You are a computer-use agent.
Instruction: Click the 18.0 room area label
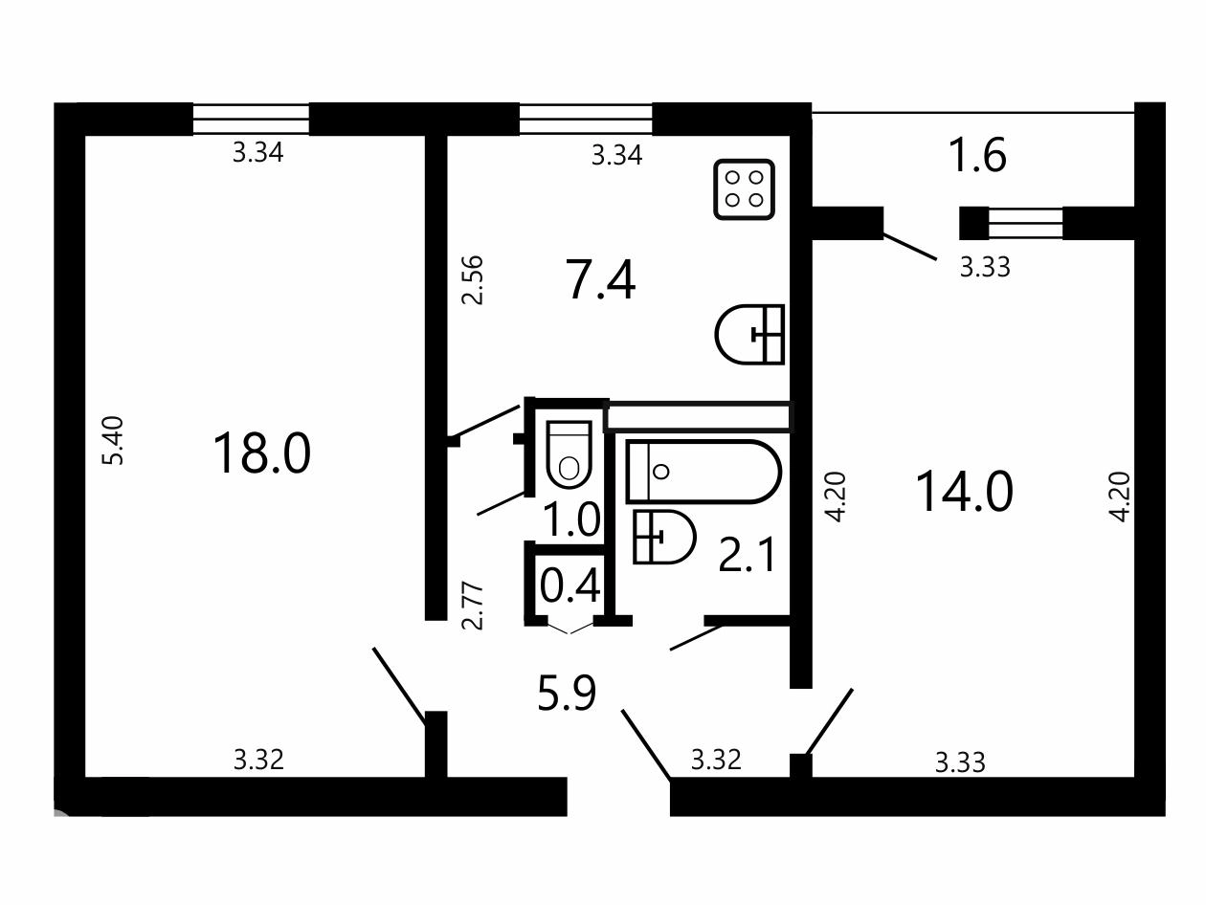(x=261, y=453)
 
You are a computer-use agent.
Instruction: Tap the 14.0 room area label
(x=964, y=492)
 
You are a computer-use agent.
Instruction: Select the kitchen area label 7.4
(x=600, y=280)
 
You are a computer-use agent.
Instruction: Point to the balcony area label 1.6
(x=977, y=155)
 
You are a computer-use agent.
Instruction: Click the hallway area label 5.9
(x=567, y=693)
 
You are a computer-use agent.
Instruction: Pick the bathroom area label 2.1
(x=747, y=555)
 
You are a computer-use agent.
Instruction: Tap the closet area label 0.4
(x=569, y=585)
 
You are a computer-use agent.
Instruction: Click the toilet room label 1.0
(x=571, y=519)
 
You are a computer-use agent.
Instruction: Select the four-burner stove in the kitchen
(x=744, y=189)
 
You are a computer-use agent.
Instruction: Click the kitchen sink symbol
(x=749, y=335)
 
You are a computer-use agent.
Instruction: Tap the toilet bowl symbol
(x=569, y=454)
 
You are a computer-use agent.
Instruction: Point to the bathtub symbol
(x=703, y=472)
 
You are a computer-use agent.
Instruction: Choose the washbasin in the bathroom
(x=664, y=537)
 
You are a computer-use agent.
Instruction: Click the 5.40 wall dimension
(x=113, y=441)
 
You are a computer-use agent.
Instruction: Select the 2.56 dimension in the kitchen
(x=472, y=280)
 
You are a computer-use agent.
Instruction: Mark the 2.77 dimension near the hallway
(x=473, y=606)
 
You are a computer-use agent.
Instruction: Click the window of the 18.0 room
(x=251, y=120)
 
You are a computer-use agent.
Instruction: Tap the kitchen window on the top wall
(x=586, y=120)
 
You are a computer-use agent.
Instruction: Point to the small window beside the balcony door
(x=1025, y=224)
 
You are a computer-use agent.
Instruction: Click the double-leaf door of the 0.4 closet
(x=570, y=628)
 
